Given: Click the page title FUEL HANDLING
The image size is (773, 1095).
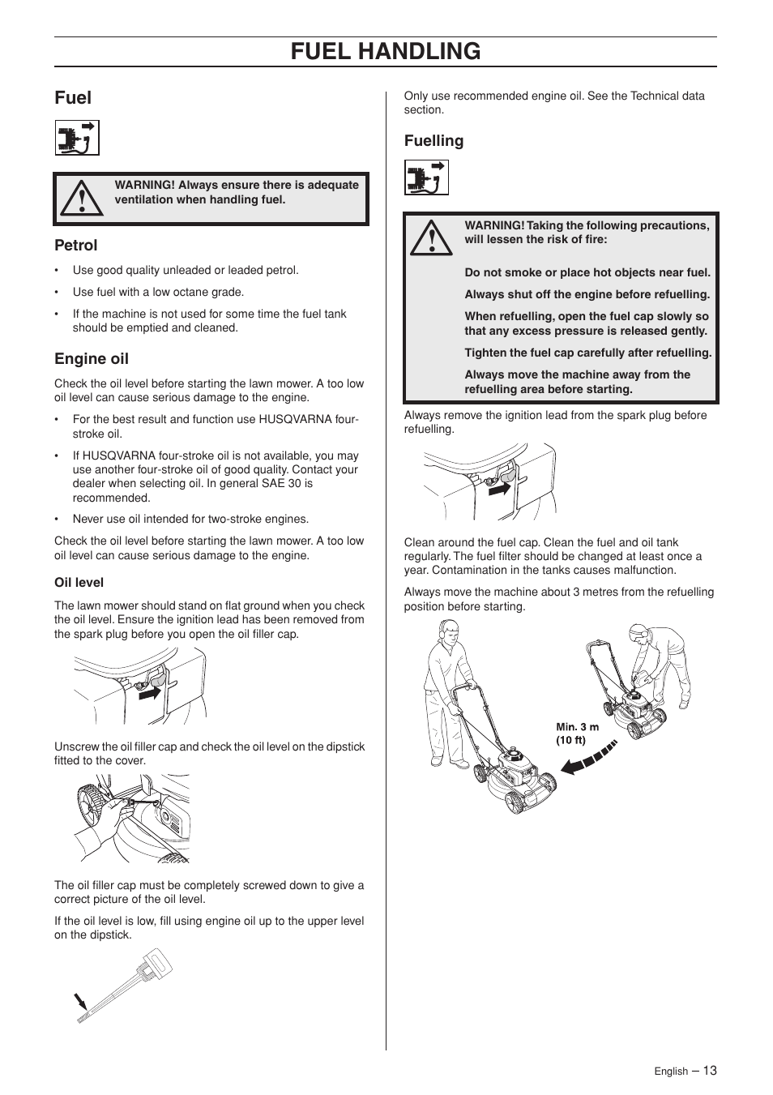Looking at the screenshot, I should click(386, 51).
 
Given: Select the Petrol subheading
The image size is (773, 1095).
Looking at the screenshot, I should click(76, 245).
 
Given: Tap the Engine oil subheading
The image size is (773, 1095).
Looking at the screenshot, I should click(92, 358).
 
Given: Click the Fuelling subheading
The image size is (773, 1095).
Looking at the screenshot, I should click(434, 141).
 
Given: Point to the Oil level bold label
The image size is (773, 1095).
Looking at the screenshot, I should click(79, 582).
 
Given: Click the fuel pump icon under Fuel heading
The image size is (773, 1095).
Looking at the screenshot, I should click(77, 138).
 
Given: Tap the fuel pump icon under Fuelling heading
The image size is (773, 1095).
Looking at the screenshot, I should click(426, 178).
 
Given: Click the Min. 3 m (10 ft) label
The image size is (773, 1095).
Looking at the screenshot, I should click(577, 734).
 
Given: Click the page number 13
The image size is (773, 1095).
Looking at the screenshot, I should click(710, 1070).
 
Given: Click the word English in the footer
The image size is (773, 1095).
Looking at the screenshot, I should click(671, 1071).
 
